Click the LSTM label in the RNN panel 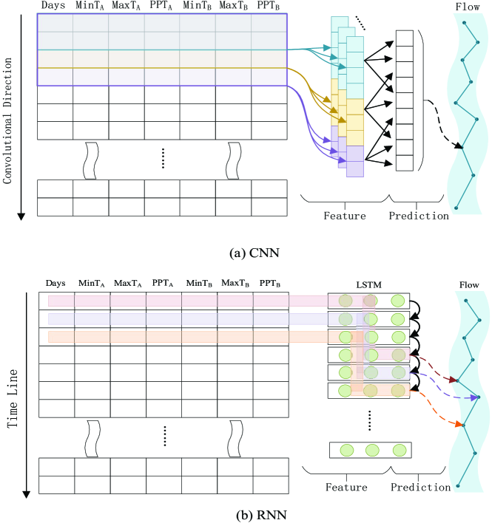368,284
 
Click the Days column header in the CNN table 55,7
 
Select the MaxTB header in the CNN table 232,7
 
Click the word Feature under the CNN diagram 345,216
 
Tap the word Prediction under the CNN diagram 419,216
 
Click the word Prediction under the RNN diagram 420,487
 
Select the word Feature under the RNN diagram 346,487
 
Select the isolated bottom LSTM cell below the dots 370,449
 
